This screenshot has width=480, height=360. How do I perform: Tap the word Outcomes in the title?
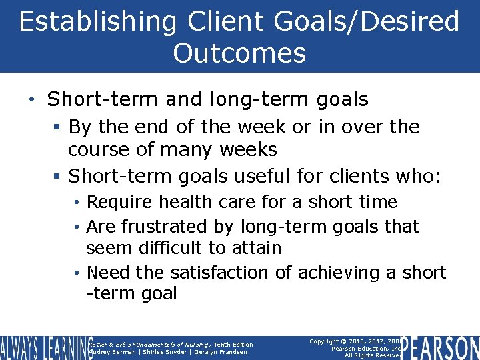(x=239, y=53)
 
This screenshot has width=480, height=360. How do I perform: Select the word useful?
(x=258, y=176)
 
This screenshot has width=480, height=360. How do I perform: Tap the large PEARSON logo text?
(x=441, y=347)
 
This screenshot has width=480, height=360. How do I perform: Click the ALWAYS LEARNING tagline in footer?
(x=44, y=348)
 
